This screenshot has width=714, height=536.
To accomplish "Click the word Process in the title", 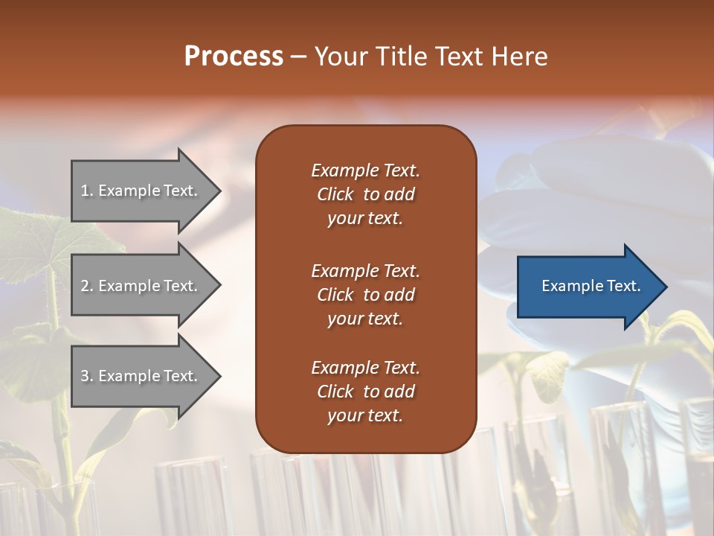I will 234,57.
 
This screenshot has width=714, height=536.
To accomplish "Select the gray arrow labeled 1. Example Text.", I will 141,191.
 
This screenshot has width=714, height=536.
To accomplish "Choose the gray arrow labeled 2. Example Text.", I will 141,286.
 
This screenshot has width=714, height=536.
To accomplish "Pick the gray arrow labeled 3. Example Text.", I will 141,376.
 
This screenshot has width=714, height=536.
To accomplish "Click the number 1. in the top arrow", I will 87,191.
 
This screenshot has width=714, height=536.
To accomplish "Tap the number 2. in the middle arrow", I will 87,286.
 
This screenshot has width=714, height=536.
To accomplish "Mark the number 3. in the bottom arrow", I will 87,376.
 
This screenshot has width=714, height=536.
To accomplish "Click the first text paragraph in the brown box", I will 365,194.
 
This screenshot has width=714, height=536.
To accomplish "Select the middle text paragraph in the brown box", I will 365,295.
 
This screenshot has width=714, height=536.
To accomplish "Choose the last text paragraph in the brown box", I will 365,392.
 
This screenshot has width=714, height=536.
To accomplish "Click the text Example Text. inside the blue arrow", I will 591,286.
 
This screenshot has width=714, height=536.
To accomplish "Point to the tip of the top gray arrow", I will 219,191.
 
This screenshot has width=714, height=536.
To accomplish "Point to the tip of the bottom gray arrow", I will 219,376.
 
